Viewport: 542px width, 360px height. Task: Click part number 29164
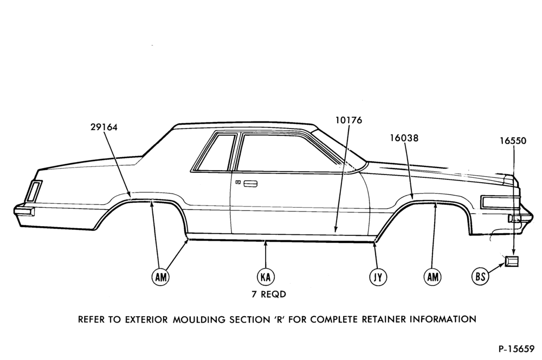click(x=104, y=127)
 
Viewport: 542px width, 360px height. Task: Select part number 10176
click(x=349, y=120)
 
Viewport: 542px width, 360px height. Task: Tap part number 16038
click(x=404, y=138)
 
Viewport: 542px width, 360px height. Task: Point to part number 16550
click(x=513, y=141)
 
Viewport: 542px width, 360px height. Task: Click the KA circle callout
click(x=266, y=277)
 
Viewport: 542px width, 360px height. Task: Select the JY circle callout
click(x=378, y=277)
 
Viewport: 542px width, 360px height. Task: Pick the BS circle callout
click(x=480, y=277)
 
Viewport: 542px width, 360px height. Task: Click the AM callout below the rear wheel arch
click(x=161, y=277)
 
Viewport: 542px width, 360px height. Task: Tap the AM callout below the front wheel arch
click(x=433, y=277)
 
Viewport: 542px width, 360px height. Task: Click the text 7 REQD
click(x=269, y=294)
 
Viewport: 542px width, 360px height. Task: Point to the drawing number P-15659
click(x=516, y=349)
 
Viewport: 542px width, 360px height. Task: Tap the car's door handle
click(x=250, y=184)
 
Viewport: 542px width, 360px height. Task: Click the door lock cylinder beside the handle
click(x=238, y=182)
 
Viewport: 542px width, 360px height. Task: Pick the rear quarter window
click(x=212, y=152)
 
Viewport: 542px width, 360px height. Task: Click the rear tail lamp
click(x=33, y=191)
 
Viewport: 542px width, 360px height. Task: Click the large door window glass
click(x=291, y=152)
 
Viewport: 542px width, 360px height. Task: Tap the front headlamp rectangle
click(x=498, y=202)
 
